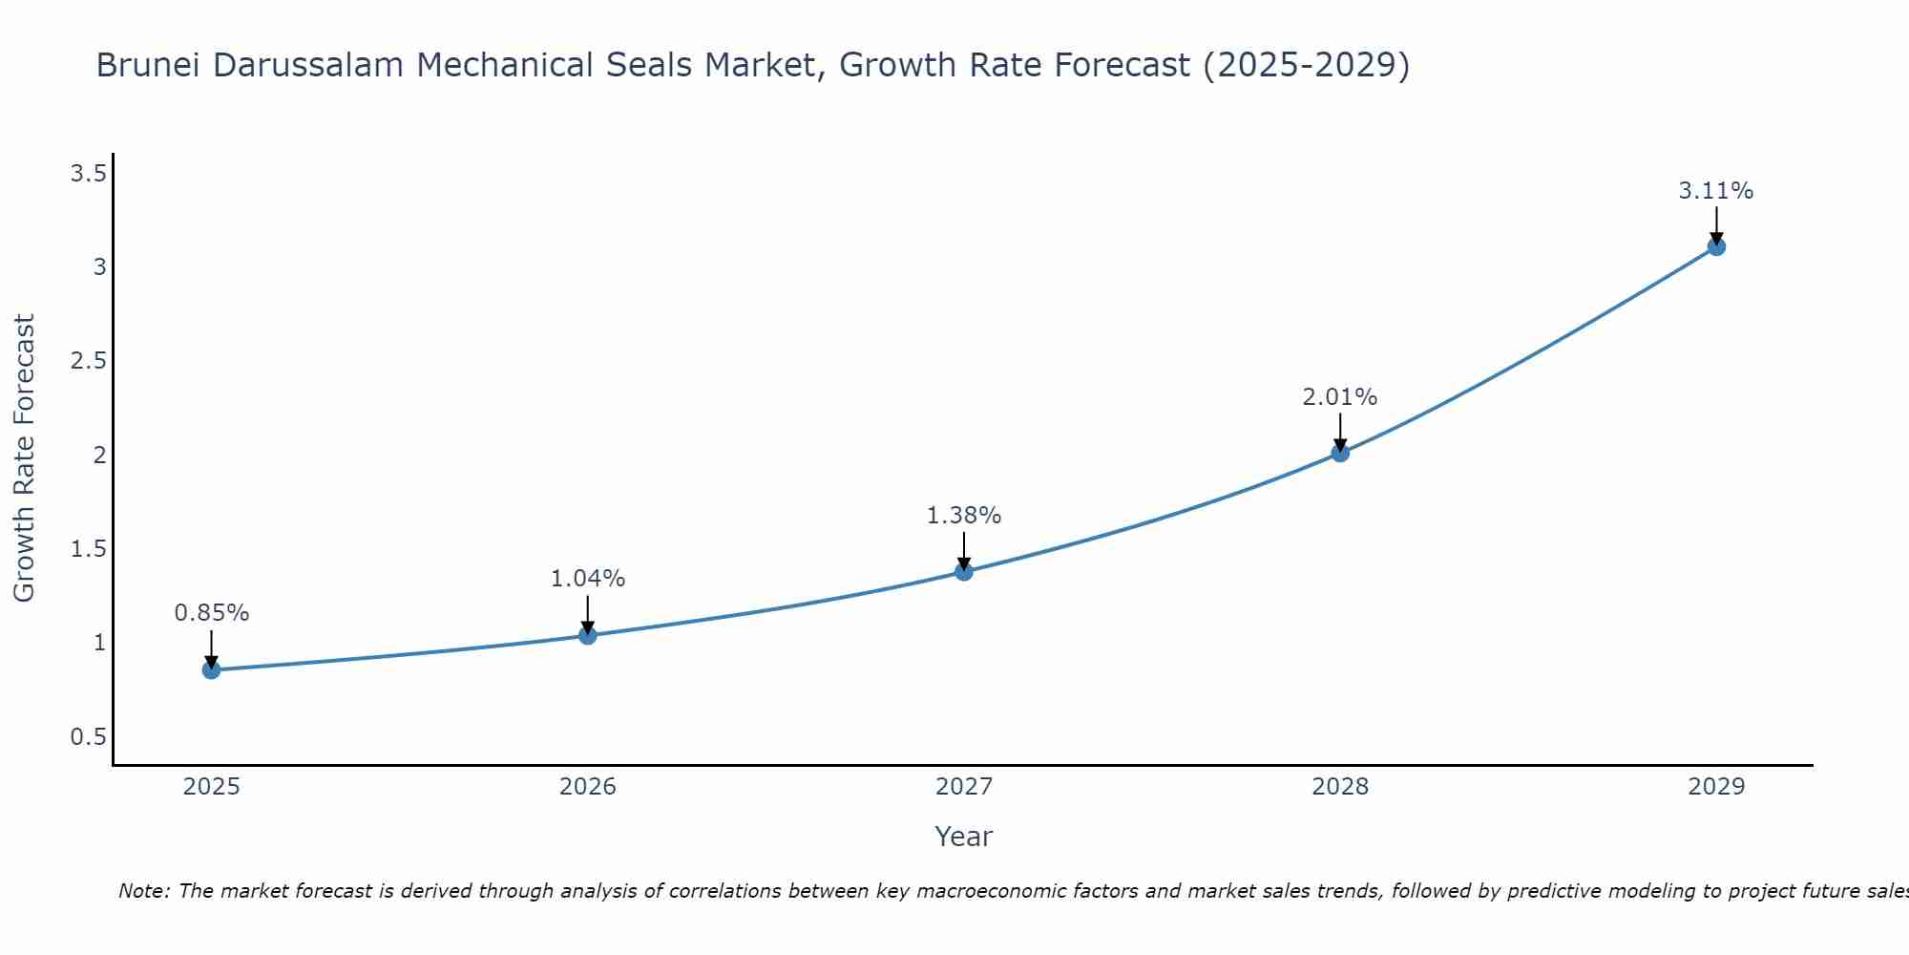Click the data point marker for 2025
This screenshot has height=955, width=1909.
point(211,670)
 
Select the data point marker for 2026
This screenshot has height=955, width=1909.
point(588,635)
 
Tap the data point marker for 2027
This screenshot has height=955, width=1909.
point(964,571)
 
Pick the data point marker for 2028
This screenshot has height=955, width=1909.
point(1340,453)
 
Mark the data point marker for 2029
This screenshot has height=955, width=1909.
point(1716,246)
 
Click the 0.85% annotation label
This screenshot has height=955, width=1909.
point(211,613)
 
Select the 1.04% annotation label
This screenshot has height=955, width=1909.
point(588,579)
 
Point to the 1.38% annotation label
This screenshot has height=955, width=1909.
point(964,516)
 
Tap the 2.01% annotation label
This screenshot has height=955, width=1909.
point(1340,397)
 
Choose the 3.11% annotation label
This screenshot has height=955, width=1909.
point(1716,191)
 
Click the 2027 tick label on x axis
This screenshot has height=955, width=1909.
point(964,787)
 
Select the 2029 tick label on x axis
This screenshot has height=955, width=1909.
point(1716,787)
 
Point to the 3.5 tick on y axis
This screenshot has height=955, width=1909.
point(88,173)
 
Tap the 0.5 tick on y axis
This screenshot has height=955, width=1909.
point(88,736)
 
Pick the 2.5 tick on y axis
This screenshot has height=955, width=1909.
point(88,361)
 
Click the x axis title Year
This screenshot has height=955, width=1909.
point(964,837)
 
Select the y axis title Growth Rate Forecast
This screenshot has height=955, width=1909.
point(24,458)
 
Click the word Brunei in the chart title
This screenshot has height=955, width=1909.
point(149,65)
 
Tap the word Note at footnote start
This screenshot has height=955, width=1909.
point(143,891)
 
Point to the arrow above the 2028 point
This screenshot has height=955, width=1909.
point(1340,432)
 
